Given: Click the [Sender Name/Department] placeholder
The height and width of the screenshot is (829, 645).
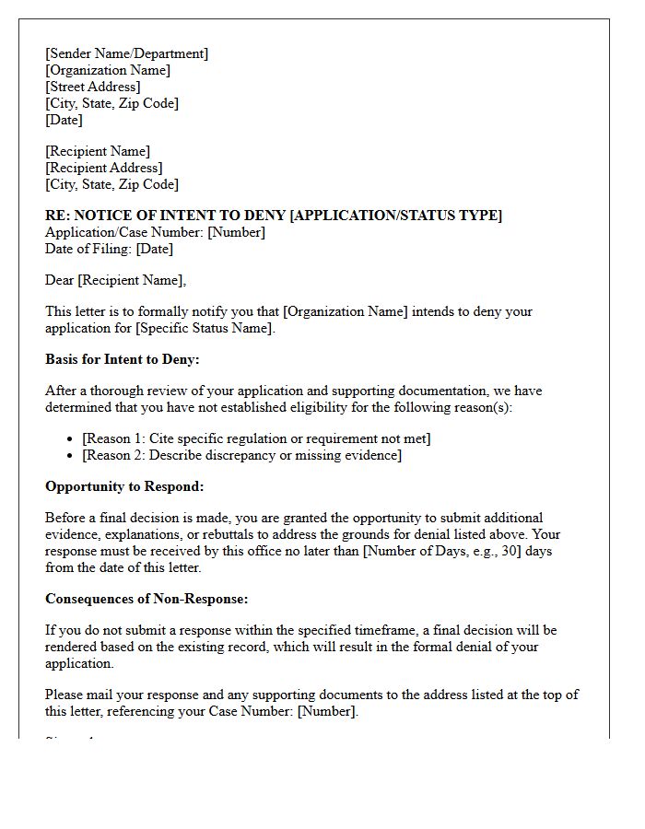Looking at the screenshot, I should click(127, 53).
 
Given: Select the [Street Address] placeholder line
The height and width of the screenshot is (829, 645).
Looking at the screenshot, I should click(93, 87).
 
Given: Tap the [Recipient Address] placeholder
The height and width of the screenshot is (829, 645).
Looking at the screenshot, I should click(104, 168).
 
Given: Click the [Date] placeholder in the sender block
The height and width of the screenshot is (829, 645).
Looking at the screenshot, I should click(64, 120).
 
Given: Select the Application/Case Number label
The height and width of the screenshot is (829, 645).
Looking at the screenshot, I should click(124, 232).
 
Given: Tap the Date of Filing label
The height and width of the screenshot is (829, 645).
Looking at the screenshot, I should click(88, 249).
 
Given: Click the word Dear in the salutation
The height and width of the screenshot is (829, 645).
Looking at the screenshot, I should click(60, 280).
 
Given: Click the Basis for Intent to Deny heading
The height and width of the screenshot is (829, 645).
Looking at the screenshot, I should click(123, 359).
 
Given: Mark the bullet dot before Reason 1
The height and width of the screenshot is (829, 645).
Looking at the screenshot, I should click(72, 439).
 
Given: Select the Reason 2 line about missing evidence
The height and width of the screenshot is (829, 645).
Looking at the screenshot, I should click(241, 455).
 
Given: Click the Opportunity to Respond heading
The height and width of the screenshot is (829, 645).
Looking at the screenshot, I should click(124, 486).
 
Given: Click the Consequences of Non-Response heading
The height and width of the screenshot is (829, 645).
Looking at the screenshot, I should click(147, 599).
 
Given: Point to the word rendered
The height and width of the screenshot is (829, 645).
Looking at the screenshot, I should click(73, 647).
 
